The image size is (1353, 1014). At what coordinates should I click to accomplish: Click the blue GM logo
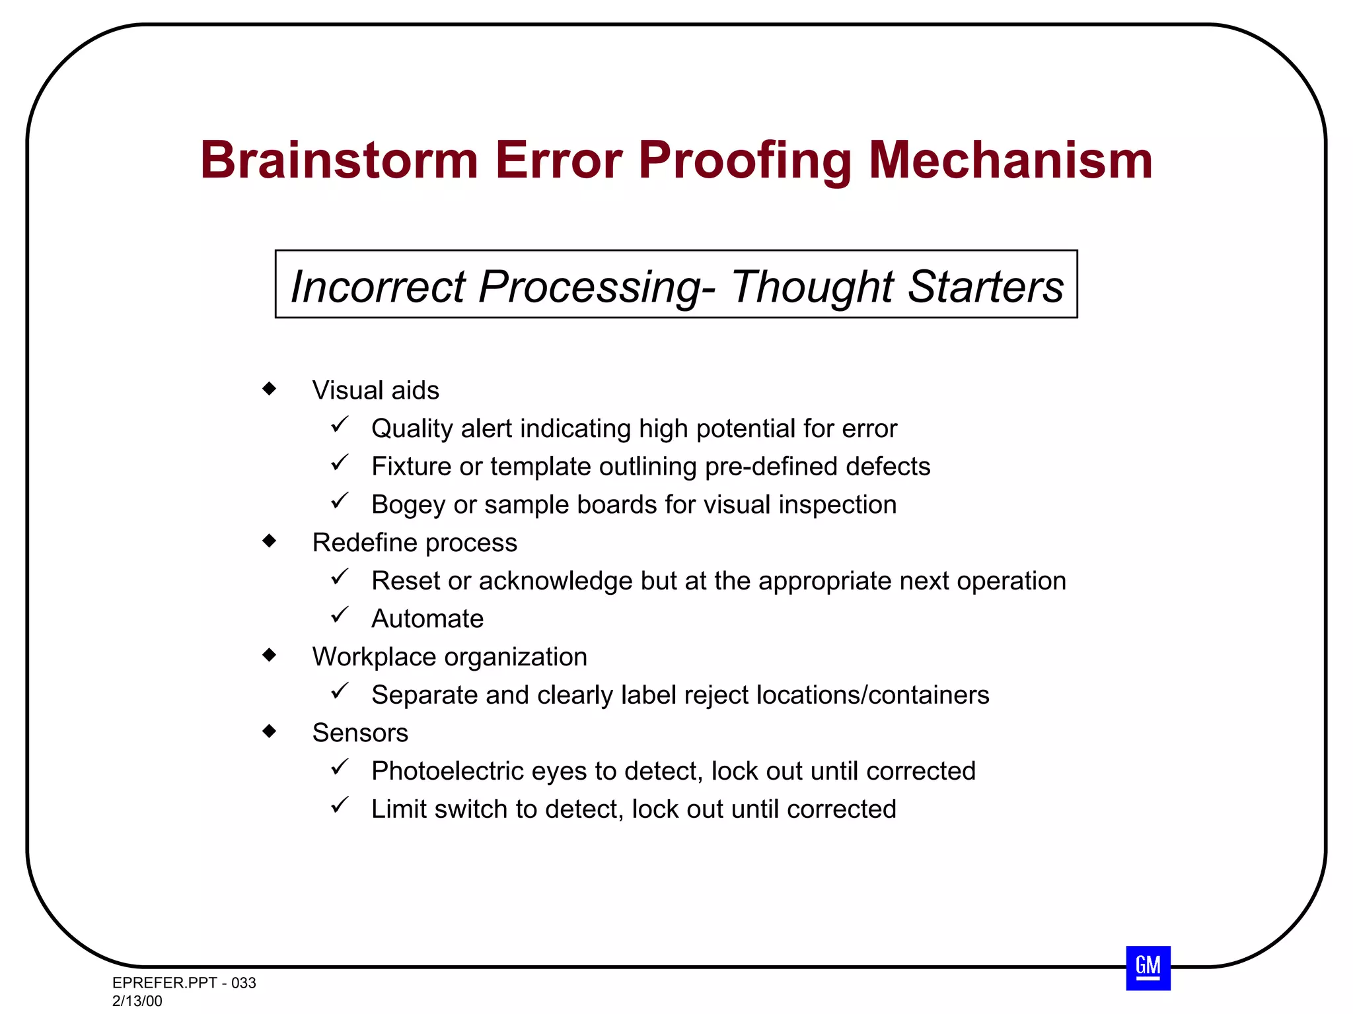[x=1148, y=968]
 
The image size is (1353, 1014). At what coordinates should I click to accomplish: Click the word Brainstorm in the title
[x=339, y=160]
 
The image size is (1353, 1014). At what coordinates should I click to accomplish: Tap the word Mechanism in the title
[x=1010, y=160]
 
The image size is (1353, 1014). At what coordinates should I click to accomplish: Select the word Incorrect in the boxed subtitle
[x=378, y=287]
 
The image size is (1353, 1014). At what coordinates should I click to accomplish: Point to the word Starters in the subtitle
[x=985, y=287]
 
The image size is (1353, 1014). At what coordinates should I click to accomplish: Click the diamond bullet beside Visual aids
[x=269, y=388]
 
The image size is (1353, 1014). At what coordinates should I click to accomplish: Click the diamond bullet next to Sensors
[x=269, y=731]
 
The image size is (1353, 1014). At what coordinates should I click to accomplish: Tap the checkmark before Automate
[x=340, y=615]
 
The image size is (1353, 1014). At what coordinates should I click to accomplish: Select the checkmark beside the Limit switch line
[x=340, y=805]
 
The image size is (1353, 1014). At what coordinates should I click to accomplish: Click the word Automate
[x=427, y=619]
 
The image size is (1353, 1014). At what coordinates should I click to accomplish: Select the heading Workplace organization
[x=449, y=658]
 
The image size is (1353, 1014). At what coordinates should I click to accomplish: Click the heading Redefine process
[x=414, y=543]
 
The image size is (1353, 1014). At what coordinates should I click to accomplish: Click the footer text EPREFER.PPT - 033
[x=184, y=983]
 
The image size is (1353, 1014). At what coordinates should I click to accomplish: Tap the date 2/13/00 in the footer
[x=137, y=1001]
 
